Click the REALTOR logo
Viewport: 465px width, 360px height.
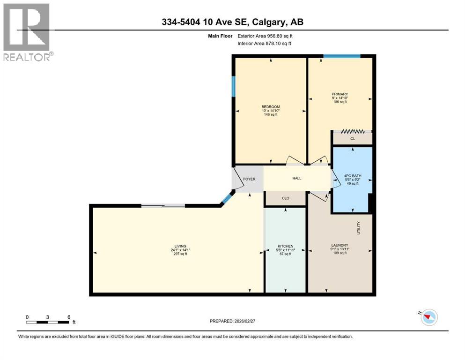pos(27,31)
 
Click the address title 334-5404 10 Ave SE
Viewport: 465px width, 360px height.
pos(232,22)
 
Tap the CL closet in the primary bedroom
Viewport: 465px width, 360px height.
pos(353,139)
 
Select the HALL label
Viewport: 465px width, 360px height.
pos(297,178)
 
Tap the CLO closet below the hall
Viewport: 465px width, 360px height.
pos(285,198)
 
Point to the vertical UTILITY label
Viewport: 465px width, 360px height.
pos(359,228)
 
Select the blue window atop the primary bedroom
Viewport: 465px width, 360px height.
pos(341,56)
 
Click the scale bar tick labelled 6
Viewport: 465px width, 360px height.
pos(69,317)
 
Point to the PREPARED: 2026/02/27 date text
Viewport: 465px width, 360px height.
pos(232,321)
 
